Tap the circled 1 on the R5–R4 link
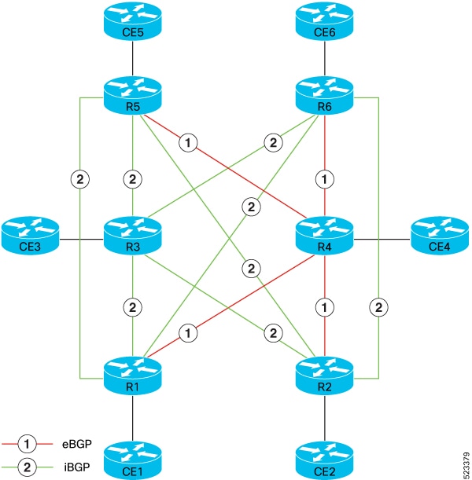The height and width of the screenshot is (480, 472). point(188,143)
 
